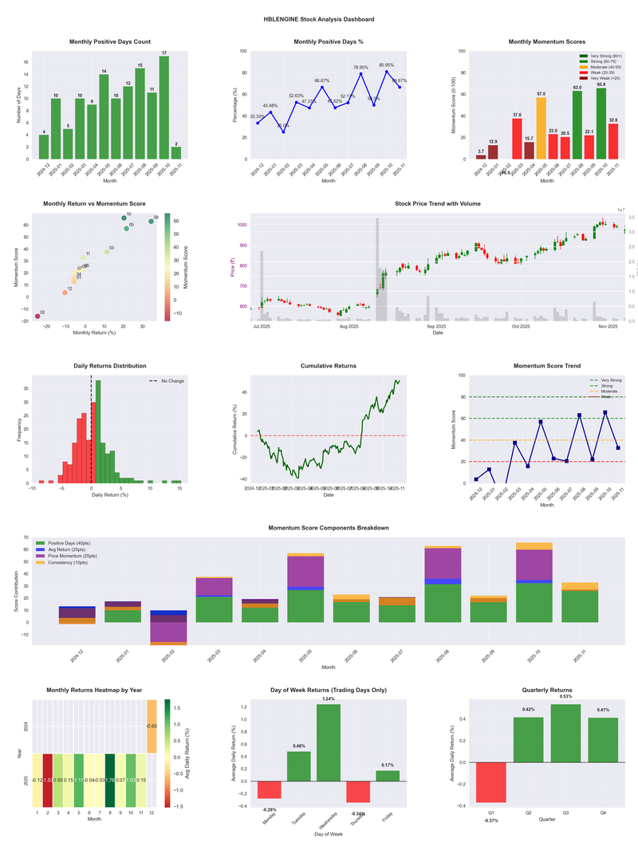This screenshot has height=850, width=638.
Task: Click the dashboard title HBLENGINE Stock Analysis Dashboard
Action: tap(319, 18)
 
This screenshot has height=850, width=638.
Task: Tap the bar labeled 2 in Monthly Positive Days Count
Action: tap(175, 152)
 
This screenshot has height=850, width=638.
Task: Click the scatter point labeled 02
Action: tap(37, 317)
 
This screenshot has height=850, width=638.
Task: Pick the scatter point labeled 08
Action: tap(151, 221)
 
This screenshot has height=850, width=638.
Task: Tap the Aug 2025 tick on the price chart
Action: tap(349, 326)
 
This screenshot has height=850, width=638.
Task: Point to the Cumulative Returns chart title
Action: tap(328, 365)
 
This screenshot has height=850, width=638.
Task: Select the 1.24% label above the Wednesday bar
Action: tap(329, 699)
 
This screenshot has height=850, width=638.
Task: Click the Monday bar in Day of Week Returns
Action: tap(270, 789)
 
